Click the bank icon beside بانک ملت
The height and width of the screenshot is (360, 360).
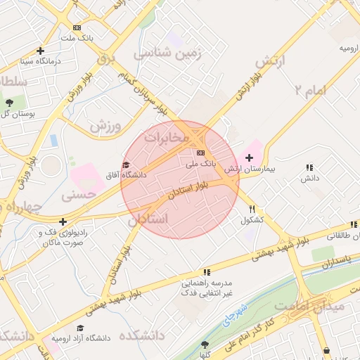(76, 27)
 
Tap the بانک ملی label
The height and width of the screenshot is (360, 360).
(198, 163)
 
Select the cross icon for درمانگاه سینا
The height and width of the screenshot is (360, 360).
(40, 51)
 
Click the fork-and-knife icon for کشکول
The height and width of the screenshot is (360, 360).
(252, 209)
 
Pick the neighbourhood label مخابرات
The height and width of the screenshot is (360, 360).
(167, 137)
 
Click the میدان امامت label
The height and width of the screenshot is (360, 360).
(310, 306)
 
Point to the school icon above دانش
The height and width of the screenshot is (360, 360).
(309, 167)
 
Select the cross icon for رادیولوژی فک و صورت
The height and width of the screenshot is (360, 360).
(63, 221)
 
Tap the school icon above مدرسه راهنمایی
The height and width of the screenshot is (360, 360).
(206, 271)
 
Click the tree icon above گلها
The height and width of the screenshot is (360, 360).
(205, 345)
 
